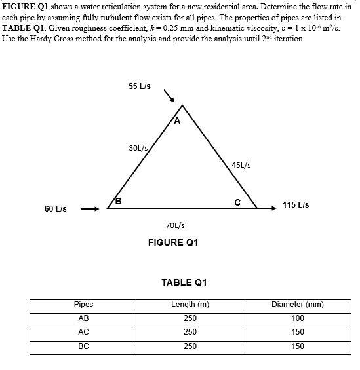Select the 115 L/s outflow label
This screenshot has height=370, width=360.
tap(296, 205)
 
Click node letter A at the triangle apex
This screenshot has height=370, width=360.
tap(177, 120)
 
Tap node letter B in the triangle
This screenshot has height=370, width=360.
tap(119, 200)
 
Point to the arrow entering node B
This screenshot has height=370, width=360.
tap(89, 209)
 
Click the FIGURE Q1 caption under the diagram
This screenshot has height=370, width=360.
tap(173, 242)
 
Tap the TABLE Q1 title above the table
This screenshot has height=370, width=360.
tap(184, 282)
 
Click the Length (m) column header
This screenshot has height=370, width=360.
tap(190, 305)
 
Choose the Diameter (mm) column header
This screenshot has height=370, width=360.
tap(298, 305)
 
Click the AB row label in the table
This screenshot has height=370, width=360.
tap(83, 318)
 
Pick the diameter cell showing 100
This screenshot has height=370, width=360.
tap(298, 318)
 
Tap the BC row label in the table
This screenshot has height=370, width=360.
tap(83, 346)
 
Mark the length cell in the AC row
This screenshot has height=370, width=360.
tap(190, 333)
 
